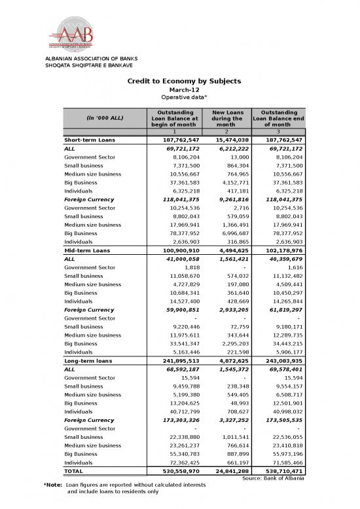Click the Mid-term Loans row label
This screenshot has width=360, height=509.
[x=86, y=250]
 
